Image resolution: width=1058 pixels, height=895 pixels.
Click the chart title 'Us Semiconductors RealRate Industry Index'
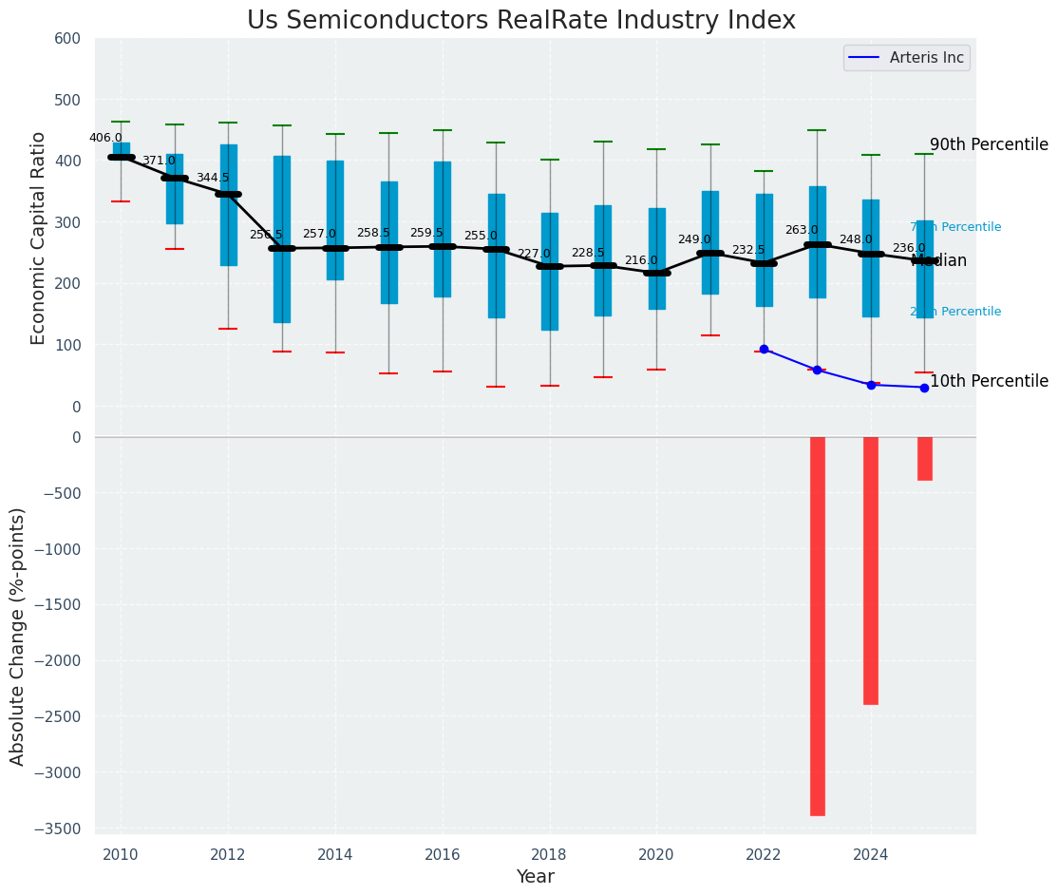pyautogui.click(x=520, y=21)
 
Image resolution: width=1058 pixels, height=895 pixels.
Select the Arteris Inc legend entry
pyautogui.click(x=906, y=58)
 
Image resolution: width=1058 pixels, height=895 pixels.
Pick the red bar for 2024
pyautogui.click(x=871, y=570)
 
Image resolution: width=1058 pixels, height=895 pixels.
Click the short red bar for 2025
pyautogui.click(x=924, y=458)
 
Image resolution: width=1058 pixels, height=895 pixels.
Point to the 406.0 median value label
pyautogui.click(x=105, y=138)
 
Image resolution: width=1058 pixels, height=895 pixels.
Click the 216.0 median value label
pyautogui.click(x=641, y=260)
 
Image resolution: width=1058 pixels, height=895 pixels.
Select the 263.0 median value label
pyautogui.click(x=802, y=230)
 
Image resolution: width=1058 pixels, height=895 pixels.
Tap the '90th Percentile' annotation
pyautogui.click(x=989, y=145)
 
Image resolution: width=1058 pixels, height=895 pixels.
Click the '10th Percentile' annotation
pyautogui.click(x=989, y=381)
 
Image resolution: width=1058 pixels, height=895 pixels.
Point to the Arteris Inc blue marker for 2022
pyautogui.click(x=764, y=350)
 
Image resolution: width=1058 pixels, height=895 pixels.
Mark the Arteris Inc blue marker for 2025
pyautogui.click(x=924, y=388)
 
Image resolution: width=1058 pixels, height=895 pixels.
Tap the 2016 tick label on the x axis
pyautogui.click(x=442, y=855)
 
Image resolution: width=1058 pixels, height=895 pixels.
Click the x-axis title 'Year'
pyautogui.click(x=535, y=877)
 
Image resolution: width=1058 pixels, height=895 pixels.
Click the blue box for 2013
pyautogui.click(x=281, y=285)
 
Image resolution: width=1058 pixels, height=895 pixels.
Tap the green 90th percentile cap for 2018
pyautogui.click(x=549, y=160)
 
